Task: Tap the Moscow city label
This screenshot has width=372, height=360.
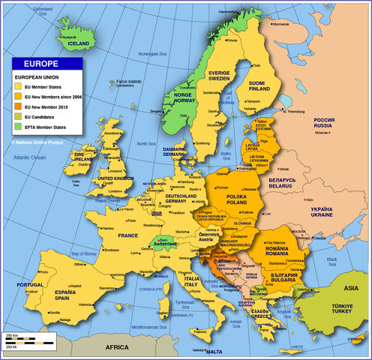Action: [322, 133]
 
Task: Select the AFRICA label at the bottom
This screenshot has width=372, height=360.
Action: [116, 347]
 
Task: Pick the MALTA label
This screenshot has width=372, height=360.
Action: [214, 352]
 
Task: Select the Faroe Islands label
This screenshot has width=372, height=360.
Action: [128, 82]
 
